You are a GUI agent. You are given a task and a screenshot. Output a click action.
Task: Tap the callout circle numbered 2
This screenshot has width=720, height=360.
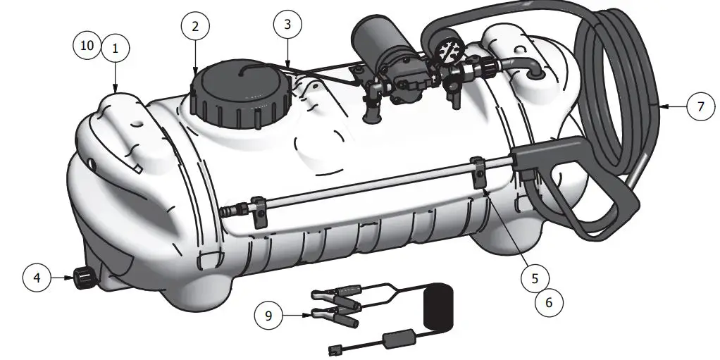(x=195, y=27)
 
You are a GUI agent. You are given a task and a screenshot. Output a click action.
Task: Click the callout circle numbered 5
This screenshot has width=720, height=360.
(x=535, y=278)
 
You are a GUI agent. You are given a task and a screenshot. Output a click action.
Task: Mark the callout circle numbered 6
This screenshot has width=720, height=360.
(x=549, y=302)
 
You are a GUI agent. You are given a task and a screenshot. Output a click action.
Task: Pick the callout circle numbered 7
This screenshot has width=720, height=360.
(x=700, y=107)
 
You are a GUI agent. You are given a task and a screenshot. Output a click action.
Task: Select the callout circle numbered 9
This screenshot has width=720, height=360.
(x=268, y=316)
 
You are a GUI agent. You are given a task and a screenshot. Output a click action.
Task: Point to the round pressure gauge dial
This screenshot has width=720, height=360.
(x=449, y=51)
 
